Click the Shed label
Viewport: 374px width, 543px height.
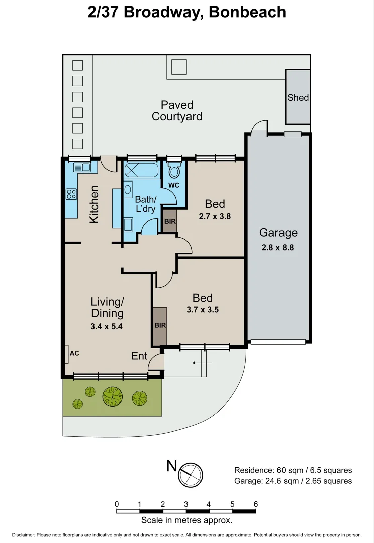pyautogui.click(x=298, y=97)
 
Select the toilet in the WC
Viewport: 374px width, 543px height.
pyautogui.click(x=174, y=172)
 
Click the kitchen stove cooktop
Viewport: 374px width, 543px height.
pyautogui.click(x=71, y=194)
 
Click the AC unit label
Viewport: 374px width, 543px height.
pyautogui.click(x=74, y=353)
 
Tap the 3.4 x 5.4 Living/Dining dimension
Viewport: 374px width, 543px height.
pyautogui.click(x=107, y=326)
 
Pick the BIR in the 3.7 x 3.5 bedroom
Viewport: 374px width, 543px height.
pyautogui.click(x=160, y=325)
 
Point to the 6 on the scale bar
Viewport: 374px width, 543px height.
pyautogui.click(x=256, y=504)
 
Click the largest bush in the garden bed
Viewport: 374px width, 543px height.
pyautogui.click(x=113, y=396)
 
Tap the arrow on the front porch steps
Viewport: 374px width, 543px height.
pyautogui.click(x=203, y=363)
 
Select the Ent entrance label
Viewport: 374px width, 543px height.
pyautogui.click(x=139, y=356)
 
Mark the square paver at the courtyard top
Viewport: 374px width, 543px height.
pyautogui.click(x=178, y=67)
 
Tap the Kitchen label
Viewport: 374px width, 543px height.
pyautogui.click(x=94, y=204)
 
